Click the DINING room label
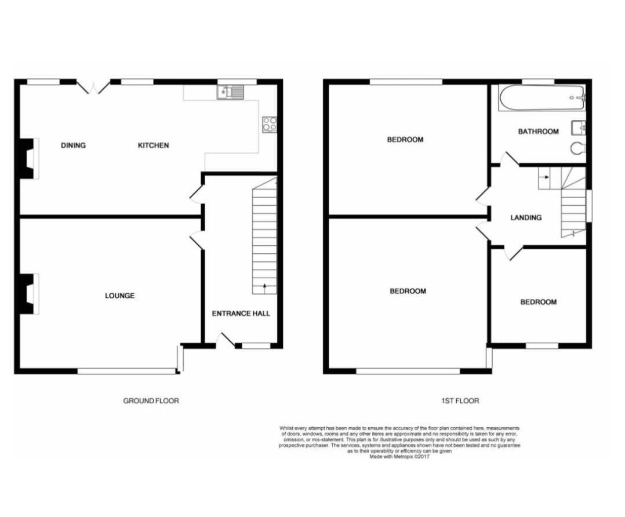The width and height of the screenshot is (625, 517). click(73, 145)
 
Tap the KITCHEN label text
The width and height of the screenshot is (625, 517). click(153, 145)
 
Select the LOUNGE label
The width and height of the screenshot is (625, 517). click(119, 296)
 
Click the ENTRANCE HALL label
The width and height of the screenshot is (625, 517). click(241, 314)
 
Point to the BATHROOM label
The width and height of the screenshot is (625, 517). click(538, 132)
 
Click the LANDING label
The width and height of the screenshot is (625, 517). click(526, 218)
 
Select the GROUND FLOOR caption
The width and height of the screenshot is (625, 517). click(151, 401)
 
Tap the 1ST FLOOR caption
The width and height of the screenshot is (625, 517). click(459, 401)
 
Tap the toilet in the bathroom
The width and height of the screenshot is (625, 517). click(578, 149)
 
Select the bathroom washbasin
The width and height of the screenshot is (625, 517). click(578, 128)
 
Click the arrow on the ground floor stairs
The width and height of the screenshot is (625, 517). click(264, 286)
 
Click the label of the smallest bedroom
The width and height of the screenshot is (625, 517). click(538, 302)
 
